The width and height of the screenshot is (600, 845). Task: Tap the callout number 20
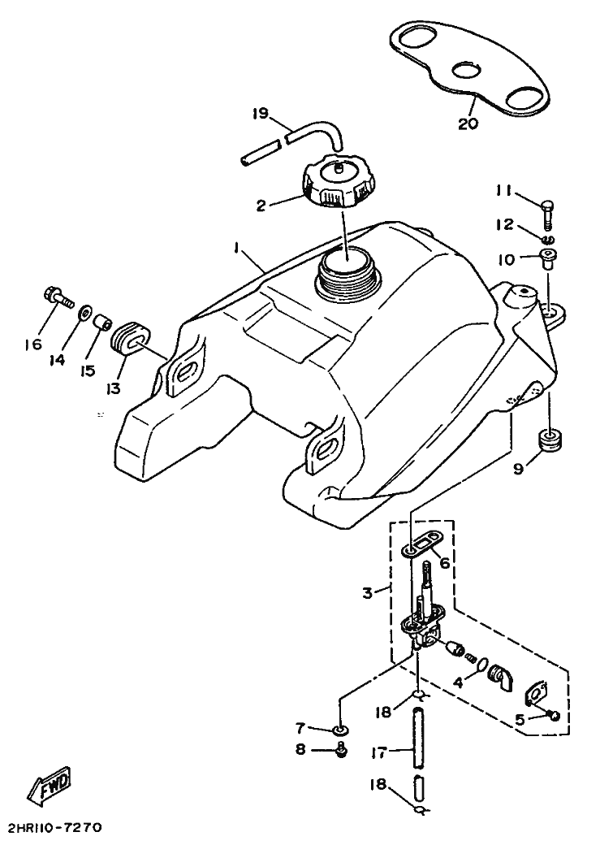tap(468, 124)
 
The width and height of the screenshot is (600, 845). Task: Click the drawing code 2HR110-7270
tap(54, 829)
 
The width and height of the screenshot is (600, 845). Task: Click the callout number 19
tap(259, 115)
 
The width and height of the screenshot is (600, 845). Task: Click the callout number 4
tap(458, 683)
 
